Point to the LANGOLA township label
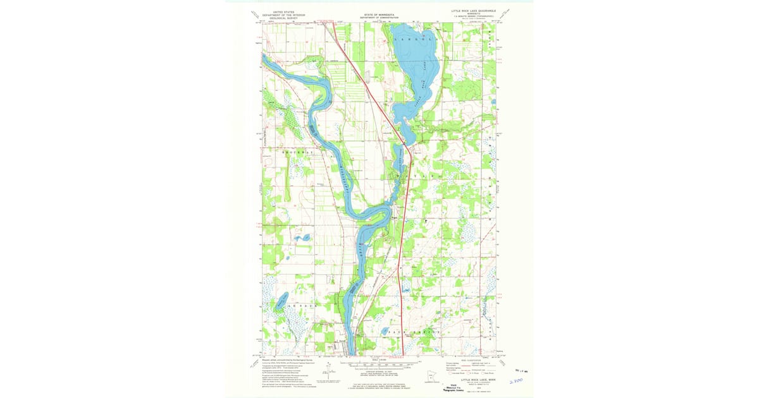[x=416, y=39]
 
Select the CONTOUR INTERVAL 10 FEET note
[x=378, y=371]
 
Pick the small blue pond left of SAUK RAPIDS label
[x=383, y=330]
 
